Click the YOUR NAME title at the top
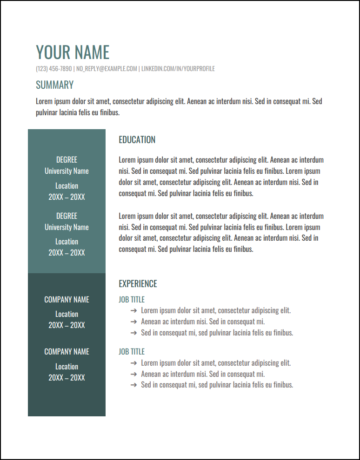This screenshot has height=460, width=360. click(x=73, y=52)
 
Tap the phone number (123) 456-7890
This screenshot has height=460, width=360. click(x=54, y=69)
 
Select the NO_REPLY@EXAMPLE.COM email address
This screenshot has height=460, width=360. click(x=107, y=69)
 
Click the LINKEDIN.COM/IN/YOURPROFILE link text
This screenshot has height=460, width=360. click(x=178, y=69)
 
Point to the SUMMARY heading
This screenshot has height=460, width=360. click(x=54, y=85)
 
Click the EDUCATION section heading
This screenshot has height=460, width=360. click(x=137, y=140)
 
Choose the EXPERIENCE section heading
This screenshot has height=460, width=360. click(x=138, y=284)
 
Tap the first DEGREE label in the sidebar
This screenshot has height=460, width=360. click(x=67, y=160)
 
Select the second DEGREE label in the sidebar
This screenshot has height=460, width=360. click(x=67, y=216)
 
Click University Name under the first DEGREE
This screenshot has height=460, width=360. click(x=67, y=171)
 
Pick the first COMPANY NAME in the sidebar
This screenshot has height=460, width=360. click(x=67, y=300)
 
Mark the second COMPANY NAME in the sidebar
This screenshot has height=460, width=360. click(x=67, y=352)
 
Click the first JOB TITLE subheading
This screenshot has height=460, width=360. click(x=132, y=300)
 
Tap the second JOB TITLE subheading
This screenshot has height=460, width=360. click(x=132, y=352)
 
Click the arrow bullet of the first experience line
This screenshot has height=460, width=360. click(x=133, y=310)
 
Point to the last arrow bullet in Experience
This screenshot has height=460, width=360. click(x=133, y=385)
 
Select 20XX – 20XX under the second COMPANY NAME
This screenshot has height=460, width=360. click(x=67, y=378)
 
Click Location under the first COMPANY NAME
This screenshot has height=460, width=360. click(x=67, y=314)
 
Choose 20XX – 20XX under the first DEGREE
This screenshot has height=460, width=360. click(x=67, y=197)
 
